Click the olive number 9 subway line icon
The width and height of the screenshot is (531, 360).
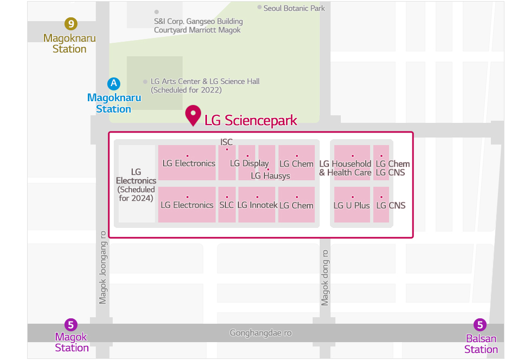70,24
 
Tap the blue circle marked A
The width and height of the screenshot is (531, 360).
113,83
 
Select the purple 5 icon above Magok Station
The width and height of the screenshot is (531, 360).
71,325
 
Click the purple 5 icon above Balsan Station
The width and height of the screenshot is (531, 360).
480,325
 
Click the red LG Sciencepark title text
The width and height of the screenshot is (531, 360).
250,120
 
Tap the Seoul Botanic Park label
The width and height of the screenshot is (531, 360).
294,8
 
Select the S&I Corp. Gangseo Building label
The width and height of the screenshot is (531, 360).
198,22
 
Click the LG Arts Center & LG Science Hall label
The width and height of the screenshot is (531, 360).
205,81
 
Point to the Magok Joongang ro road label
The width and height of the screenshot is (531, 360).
103,268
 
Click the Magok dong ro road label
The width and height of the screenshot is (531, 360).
325,277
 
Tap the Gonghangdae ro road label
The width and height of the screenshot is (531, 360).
261,333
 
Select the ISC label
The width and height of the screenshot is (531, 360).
226,142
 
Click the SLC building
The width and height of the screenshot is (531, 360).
226,205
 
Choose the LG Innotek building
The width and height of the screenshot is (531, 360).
257,205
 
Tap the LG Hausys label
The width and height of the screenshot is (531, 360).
270,175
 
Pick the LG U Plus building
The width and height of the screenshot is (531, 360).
352,205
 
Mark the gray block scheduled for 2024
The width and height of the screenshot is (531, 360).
137,184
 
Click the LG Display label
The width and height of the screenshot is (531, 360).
249,163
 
